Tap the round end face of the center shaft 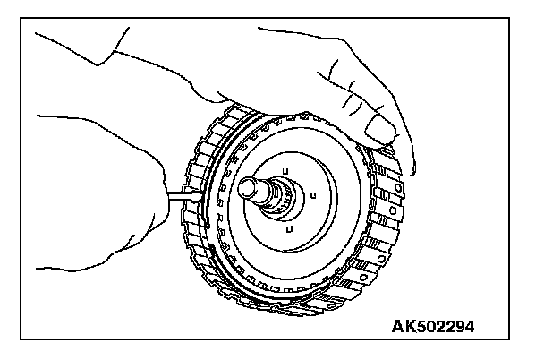coord(247,186)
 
